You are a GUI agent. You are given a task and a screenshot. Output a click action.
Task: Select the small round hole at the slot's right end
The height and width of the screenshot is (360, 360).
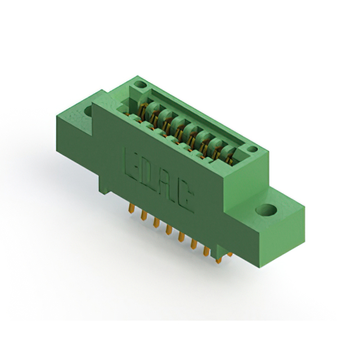[253, 150]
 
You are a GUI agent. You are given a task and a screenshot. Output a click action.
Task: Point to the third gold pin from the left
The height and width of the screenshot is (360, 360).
[156, 224]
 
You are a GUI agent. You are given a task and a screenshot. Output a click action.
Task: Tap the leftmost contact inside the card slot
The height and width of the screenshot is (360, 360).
[141, 107]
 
